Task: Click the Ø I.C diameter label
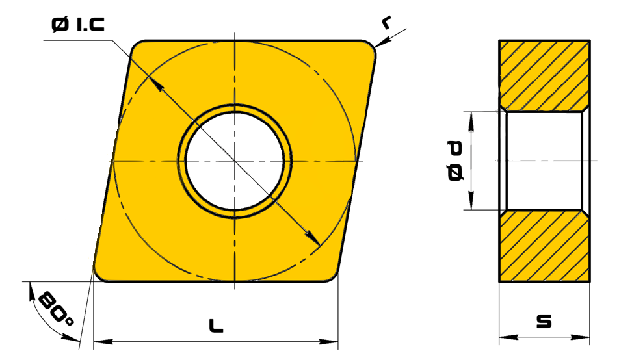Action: [78, 25]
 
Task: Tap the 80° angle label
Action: [57, 309]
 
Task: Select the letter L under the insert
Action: [216, 326]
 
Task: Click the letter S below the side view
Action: [544, 321]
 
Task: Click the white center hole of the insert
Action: [235, 161]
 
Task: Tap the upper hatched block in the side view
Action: [544, 75]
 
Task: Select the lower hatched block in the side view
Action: [544, 246]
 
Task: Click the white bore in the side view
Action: [544, 161]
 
